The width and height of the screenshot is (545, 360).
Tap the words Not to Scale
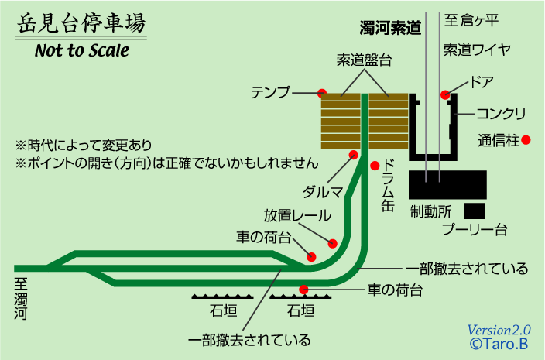[81, 52]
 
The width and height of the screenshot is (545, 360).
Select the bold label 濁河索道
[390, 29]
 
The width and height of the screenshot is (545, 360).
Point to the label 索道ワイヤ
[477, 50]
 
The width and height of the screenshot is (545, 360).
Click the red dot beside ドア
[445, 94]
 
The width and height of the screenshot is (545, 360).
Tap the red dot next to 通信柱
[526, 140]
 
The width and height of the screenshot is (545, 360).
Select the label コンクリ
[501, 114]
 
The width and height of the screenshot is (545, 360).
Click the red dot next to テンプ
[321, 93]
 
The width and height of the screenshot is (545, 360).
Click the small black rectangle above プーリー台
[474, 210]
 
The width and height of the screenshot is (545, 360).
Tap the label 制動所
[431, 211]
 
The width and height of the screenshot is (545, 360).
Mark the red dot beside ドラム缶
[375, 165]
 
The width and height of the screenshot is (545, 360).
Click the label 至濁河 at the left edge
[21, 298]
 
